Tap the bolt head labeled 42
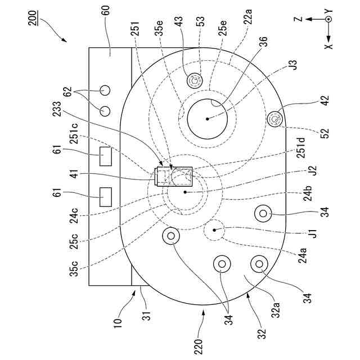pos(275,119)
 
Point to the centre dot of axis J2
pos(184,192)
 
